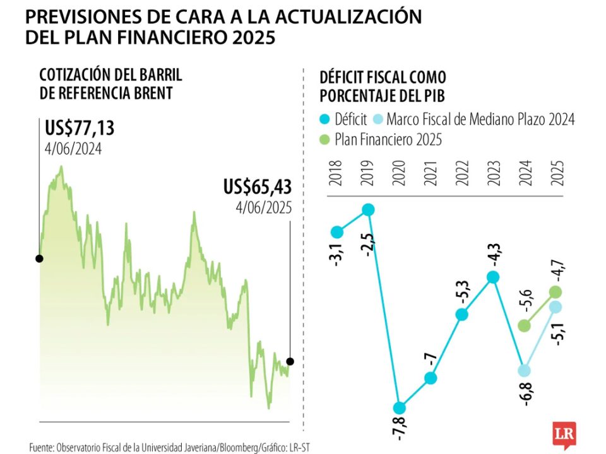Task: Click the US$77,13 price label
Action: tap(80, 129)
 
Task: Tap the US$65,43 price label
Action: tap(258, 187)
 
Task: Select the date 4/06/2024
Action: tap(73, 149)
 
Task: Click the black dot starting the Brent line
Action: tap(39, 259)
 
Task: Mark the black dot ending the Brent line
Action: tap(290, 361)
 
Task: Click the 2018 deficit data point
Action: tap(336, 231)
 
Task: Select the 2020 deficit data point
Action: tap(400, 407)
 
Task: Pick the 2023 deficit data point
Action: tap(493, 277)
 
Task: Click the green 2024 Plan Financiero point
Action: tap(524, 325)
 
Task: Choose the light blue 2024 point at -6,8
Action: tap(525, 371)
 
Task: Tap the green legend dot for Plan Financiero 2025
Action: tap(326, 139)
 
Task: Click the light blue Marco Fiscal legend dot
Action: tap(378, 119)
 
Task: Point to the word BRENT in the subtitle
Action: tap(151, 94)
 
